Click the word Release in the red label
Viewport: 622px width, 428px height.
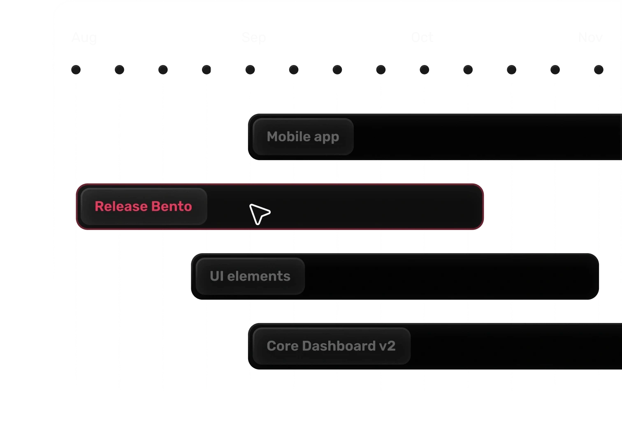click(x=120, y=206)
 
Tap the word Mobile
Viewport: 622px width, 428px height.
click(x=288, y=136)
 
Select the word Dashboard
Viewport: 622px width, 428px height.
click(x=339, y=346)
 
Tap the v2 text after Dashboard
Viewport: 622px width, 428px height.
click(x=387, y=346)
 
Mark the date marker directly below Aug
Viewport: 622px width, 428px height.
click(x=76, y=70)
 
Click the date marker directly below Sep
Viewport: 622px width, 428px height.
click(x=250, y=70)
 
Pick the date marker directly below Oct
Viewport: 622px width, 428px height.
click(x=424, y=70)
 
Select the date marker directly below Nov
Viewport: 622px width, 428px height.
click(x=599, y=70)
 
